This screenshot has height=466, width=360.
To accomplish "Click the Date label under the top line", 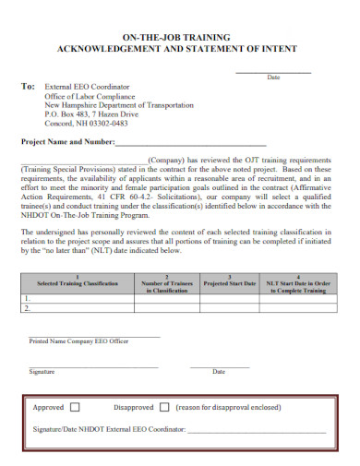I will [x=274, y=78].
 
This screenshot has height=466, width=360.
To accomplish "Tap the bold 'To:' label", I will [x=29, y=86].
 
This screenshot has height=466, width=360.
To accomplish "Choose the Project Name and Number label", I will [x=67, y=142].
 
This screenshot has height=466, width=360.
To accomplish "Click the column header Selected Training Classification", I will [x=77, y=283].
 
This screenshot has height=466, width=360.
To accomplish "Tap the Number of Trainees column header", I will [x=166, y=283].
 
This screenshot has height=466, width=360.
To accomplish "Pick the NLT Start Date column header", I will [x=298, y=283].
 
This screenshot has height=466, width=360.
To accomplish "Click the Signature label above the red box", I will [x=42, y=371].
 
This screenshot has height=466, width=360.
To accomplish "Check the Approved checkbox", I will [x=75, y=407].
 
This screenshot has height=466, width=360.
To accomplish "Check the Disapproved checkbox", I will [x=163, y=407].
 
